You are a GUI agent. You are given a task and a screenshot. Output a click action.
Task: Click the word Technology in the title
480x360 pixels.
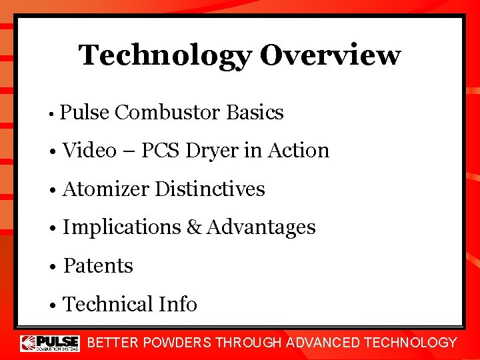(165, 55)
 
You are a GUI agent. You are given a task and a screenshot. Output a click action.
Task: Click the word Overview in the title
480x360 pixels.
(330, 55)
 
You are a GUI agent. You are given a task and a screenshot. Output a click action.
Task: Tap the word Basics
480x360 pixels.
(255, 113)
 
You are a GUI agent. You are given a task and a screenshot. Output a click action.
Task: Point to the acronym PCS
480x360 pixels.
(159, 151)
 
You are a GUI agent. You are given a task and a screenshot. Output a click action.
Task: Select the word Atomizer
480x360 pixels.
(106, 189)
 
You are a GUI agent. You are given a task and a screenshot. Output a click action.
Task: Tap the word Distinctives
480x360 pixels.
(210, 189)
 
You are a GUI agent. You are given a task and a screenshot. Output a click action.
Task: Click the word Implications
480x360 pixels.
(122, 227)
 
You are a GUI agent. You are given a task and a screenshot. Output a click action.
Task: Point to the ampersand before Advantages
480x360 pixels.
(194, 227)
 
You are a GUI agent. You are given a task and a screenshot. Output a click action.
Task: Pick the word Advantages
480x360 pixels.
(261, 227)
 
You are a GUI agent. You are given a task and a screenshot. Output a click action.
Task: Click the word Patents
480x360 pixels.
(98, 266)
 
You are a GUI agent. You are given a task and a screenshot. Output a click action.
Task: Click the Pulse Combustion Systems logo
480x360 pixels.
(50, 343)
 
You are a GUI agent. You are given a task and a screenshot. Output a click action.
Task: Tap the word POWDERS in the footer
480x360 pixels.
(177, 343)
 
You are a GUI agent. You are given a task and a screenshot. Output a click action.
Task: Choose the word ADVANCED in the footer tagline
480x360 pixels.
(321, 343)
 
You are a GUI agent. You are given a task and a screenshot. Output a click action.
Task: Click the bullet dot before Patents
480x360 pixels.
(53, 267)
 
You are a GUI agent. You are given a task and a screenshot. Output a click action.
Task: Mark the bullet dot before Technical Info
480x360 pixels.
(53, 305)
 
